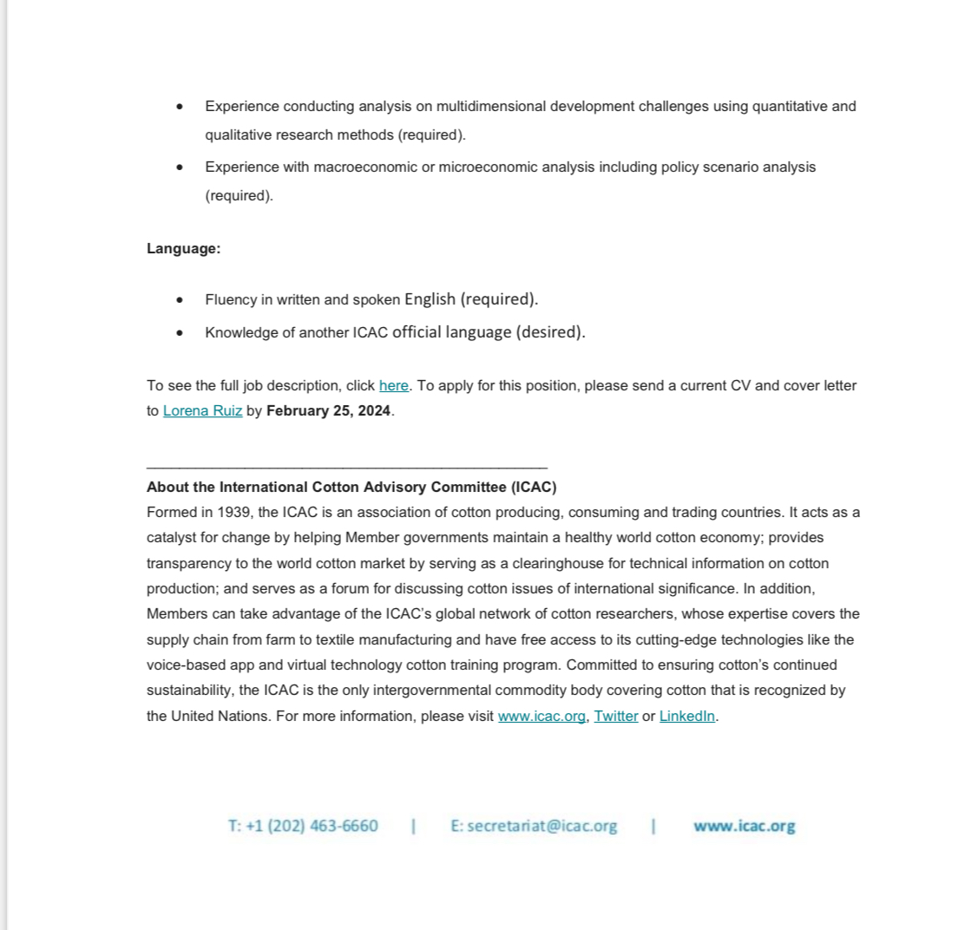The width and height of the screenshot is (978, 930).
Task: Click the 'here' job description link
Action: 393,385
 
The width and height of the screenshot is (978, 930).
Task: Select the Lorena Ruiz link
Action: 202,410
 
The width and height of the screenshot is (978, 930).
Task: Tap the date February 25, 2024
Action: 328,410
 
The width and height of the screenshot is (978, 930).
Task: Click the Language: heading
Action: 183,248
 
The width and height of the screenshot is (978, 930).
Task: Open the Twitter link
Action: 615,716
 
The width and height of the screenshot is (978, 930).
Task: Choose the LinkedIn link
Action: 687,716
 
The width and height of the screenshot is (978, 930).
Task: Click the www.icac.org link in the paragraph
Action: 542,716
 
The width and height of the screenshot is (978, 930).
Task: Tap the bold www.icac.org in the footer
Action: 744,826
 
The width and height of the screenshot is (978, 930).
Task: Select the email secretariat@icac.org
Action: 542,826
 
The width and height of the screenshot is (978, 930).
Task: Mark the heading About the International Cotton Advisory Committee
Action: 351,487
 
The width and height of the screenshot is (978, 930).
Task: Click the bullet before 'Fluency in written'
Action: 180,300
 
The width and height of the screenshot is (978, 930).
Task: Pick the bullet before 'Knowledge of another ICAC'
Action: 180,332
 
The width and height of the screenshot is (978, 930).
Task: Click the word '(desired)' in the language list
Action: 551,332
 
